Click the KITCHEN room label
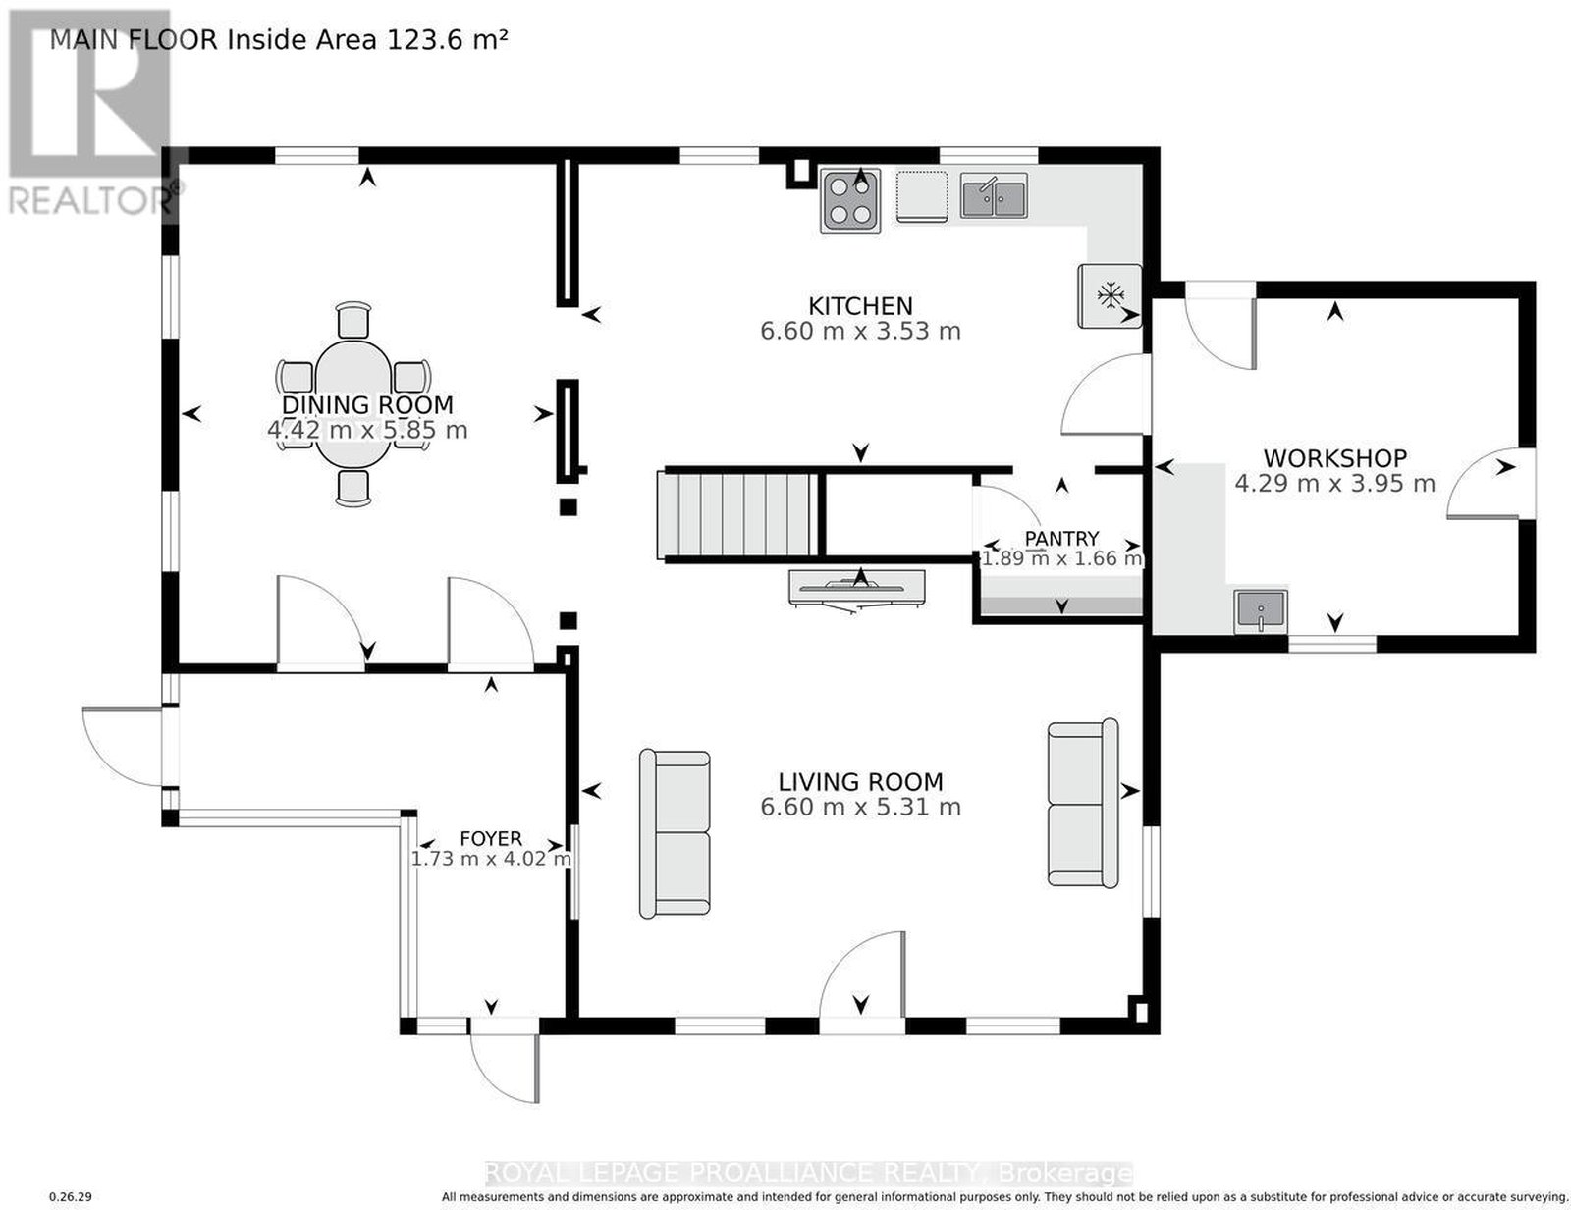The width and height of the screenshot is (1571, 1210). [x=859, y=306]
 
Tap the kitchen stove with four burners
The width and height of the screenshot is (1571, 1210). [x=849, y=200]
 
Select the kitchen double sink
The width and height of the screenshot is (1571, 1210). [x=993, y=195]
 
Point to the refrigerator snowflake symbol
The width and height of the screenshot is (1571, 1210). [x=1110, y=294]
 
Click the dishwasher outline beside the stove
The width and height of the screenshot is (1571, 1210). [x=921, y=195]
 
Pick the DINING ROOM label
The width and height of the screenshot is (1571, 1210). [x=367, y=404]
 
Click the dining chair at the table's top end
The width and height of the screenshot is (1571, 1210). [x=353, y=319]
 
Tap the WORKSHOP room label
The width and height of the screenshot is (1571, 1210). [x=1334, y=458]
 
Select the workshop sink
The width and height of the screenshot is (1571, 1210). [x=1260, y=611]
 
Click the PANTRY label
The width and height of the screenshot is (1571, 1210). [x=1061, y=538]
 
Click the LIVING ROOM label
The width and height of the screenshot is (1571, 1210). [x=860, y=781]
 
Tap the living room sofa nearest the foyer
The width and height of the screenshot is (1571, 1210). [x=675, y=834]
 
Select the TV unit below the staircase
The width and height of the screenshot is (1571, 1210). [x=857, y=587]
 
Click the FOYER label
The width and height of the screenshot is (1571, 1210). [x=491, y=838]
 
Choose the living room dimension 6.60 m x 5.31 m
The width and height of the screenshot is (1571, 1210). [x=860, y=807]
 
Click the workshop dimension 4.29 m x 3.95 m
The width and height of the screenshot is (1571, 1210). [x=1334, y=483]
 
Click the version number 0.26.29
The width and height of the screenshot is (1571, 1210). [x=70, y=1197]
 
